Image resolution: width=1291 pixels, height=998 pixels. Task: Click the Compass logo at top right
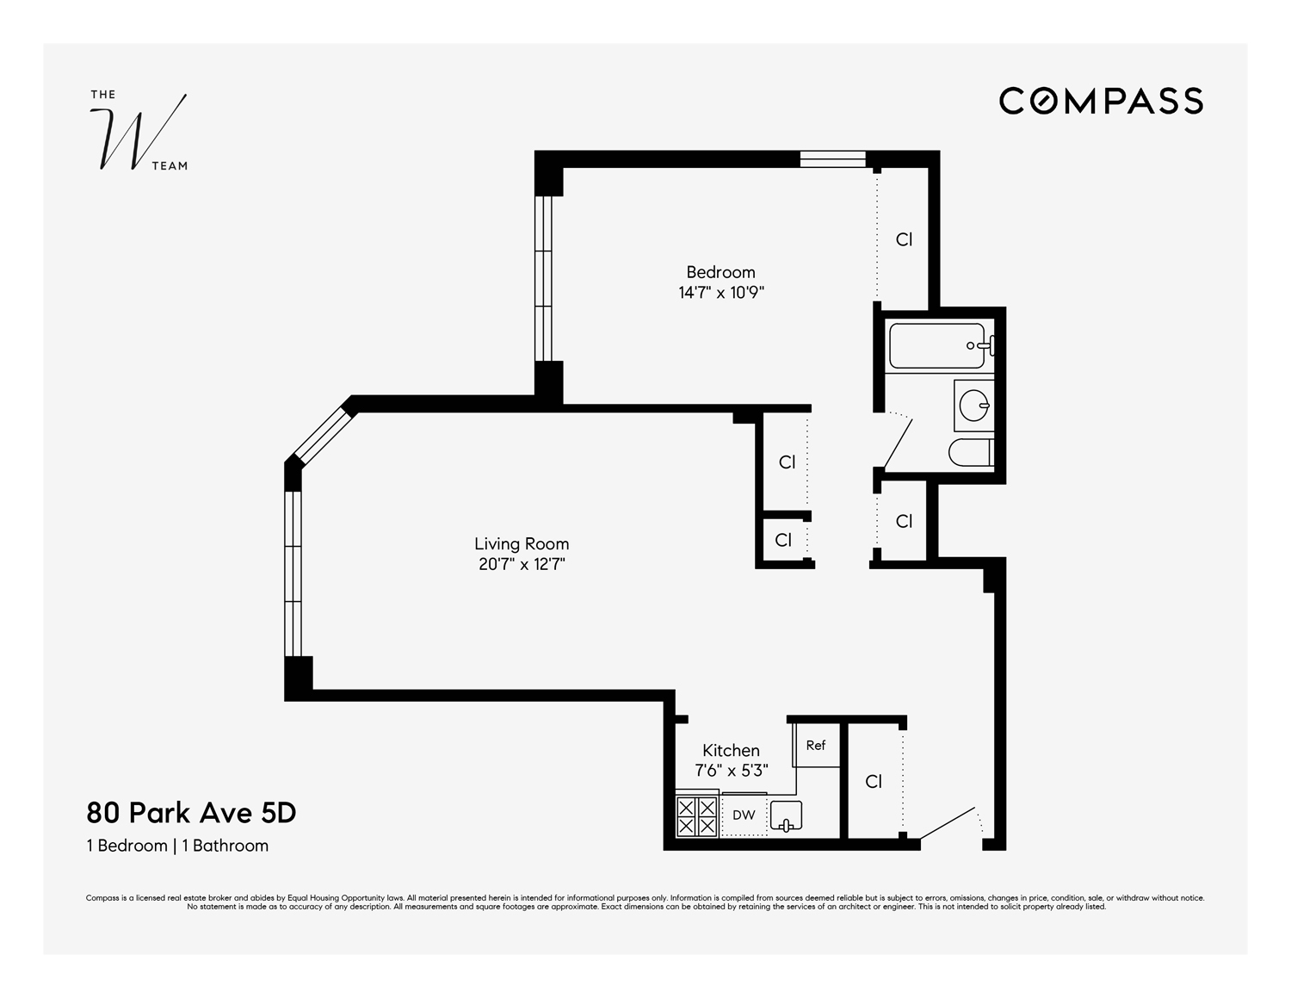pos(1101,101)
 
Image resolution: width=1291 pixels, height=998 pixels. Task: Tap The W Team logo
pos(139,132)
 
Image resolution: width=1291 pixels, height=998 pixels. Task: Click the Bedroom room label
pos(720,272)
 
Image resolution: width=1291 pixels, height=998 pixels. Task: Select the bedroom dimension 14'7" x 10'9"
pos(721,293)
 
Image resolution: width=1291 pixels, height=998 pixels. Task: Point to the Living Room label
pos(522,543)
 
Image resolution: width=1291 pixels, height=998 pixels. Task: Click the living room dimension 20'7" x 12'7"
pos(522,565)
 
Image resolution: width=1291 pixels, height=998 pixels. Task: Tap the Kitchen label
pos(731,750)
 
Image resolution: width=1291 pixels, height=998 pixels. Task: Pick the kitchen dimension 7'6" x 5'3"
pos(731,771)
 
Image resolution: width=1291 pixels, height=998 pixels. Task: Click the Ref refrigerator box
pos(815,745)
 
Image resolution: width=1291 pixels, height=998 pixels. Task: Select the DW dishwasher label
pos(744,815)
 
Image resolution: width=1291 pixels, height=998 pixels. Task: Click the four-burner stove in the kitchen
pos(696,815)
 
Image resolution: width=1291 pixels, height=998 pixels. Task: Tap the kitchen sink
pos(786,815)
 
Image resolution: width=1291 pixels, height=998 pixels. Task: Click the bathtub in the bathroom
pos(936,346)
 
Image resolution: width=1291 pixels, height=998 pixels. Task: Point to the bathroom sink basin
pos(973,405)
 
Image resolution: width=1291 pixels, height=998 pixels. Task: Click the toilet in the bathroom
pos(970,452)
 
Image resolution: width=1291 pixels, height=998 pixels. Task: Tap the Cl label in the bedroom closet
pos(904,239)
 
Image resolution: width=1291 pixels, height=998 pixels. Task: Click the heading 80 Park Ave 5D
pos(191,813)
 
